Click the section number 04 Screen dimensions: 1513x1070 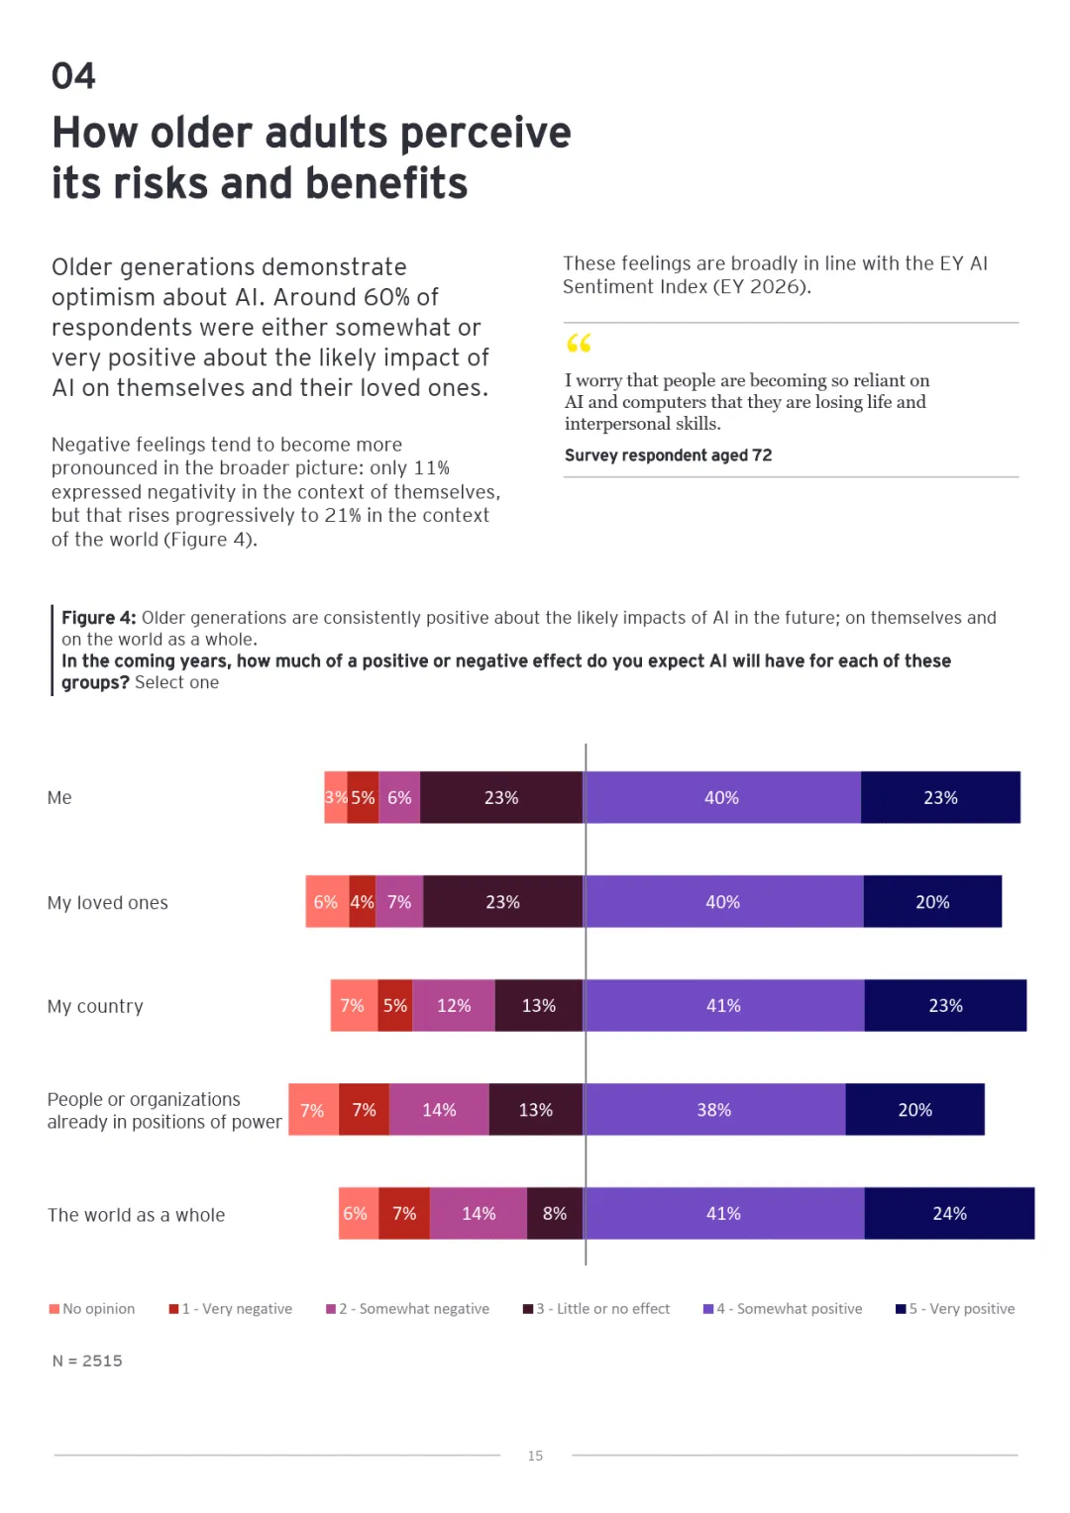click(x=73, y=76)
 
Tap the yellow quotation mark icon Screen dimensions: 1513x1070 click(x=579, y=344)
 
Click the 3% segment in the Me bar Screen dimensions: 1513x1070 click(x=336, y=797)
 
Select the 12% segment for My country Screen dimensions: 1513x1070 click(x=454, y=1006)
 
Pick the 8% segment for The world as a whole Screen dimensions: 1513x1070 click(x=555, y=1214)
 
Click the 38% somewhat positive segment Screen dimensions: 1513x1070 click(x=714, y=1110)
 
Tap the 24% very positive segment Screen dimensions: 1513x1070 click(x=949, y=1214)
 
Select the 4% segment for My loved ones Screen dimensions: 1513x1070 click(x=363, y=902)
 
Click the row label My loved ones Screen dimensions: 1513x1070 click(x=108, y=903)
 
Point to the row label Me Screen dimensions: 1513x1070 click(x=59, y=798)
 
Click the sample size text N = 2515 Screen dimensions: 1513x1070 click(x=87, y=1362)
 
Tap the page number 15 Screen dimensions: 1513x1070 click(x=535, y=1456)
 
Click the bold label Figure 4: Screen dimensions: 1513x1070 click(x=99, y=618)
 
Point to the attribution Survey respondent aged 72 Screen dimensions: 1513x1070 click(x=668, y=455)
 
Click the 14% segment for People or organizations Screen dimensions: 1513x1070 click(x=439, y=1110)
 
